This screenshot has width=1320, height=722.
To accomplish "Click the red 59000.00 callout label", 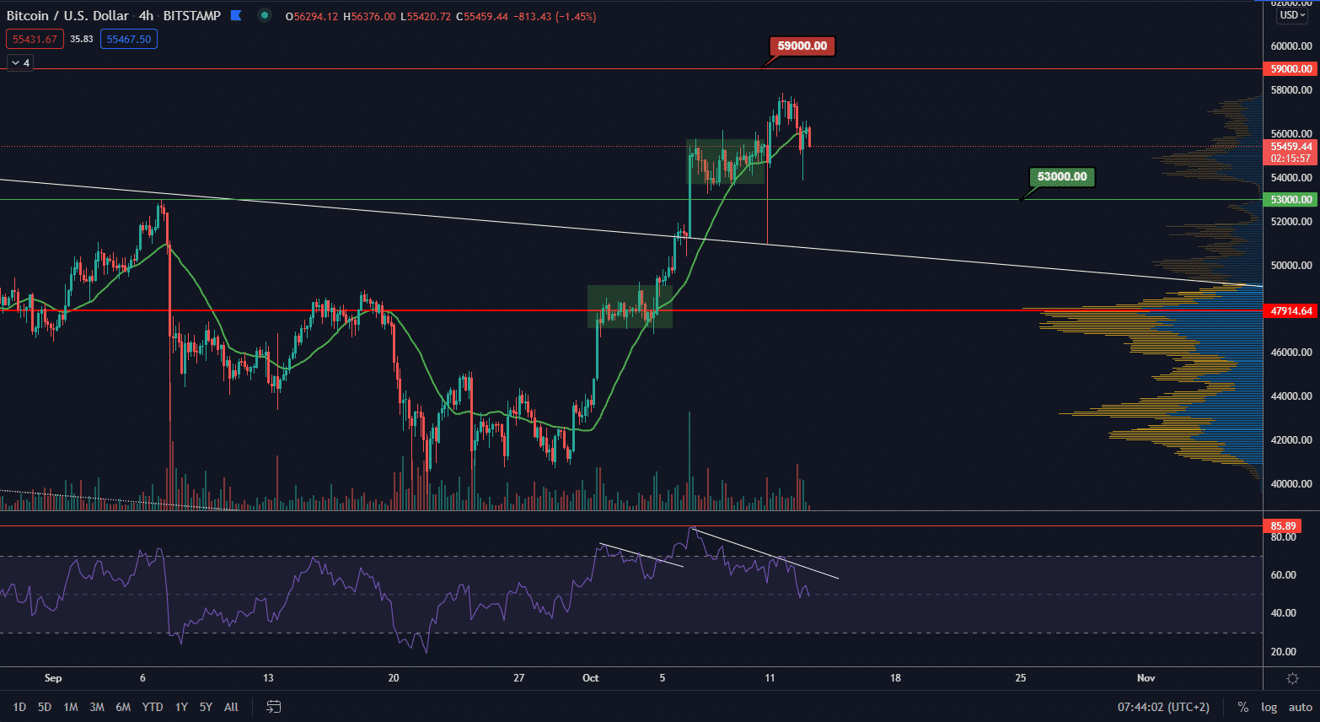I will pyautogui.click(x=802, y=46).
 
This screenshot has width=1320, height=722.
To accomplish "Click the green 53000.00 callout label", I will pyautogui.click(x=1062, y=177).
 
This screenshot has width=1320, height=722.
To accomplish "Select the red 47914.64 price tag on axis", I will pyautogui.click(x=1291, y=311).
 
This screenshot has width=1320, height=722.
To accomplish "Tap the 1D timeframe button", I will pyautogui.click(x=19, y=707).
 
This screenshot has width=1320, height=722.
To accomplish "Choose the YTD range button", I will pyautogui.click(x=153, y=707).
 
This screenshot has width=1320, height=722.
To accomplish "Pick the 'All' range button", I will pyautogui.click(x=231, y=707).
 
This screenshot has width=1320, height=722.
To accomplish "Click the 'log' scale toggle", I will pyautogui.click(x=1269, y=707).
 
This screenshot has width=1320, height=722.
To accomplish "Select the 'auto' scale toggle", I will pyautogui.click(x=1301, y=707).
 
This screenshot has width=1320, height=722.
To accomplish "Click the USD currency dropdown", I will pyautogui.click(x=1291, y=15).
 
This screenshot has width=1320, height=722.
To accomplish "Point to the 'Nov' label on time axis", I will pyautogui.click(x=1146, y=678).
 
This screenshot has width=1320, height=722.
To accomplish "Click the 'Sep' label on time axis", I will pyautogui.click(x=53, y=678).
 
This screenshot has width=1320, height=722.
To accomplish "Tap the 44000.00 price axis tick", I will pyautogui.click(x=1291, y=396).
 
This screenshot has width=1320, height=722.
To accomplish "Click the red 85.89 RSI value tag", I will pyautogui.click(x=1284, y=526).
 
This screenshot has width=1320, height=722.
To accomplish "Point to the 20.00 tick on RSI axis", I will pyautogui.click(x=1283, y=652).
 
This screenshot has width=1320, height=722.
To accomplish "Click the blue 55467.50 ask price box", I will pyautogui.click(x=129, y=39).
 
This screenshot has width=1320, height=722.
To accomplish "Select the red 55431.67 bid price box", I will pyautogui.click(x=35, y=39).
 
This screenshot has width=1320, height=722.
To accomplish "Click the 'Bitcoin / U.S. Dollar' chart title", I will pyautogui.click(x=68, y=15).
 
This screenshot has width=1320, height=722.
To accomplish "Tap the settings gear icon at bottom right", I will pyautogui.click(x=1292, y=678).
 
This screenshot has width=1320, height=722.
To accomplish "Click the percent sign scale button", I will pyautogui.click(x=1242, y=707).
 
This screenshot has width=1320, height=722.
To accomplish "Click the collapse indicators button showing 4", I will pyautogui.click(x=20, y=63).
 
